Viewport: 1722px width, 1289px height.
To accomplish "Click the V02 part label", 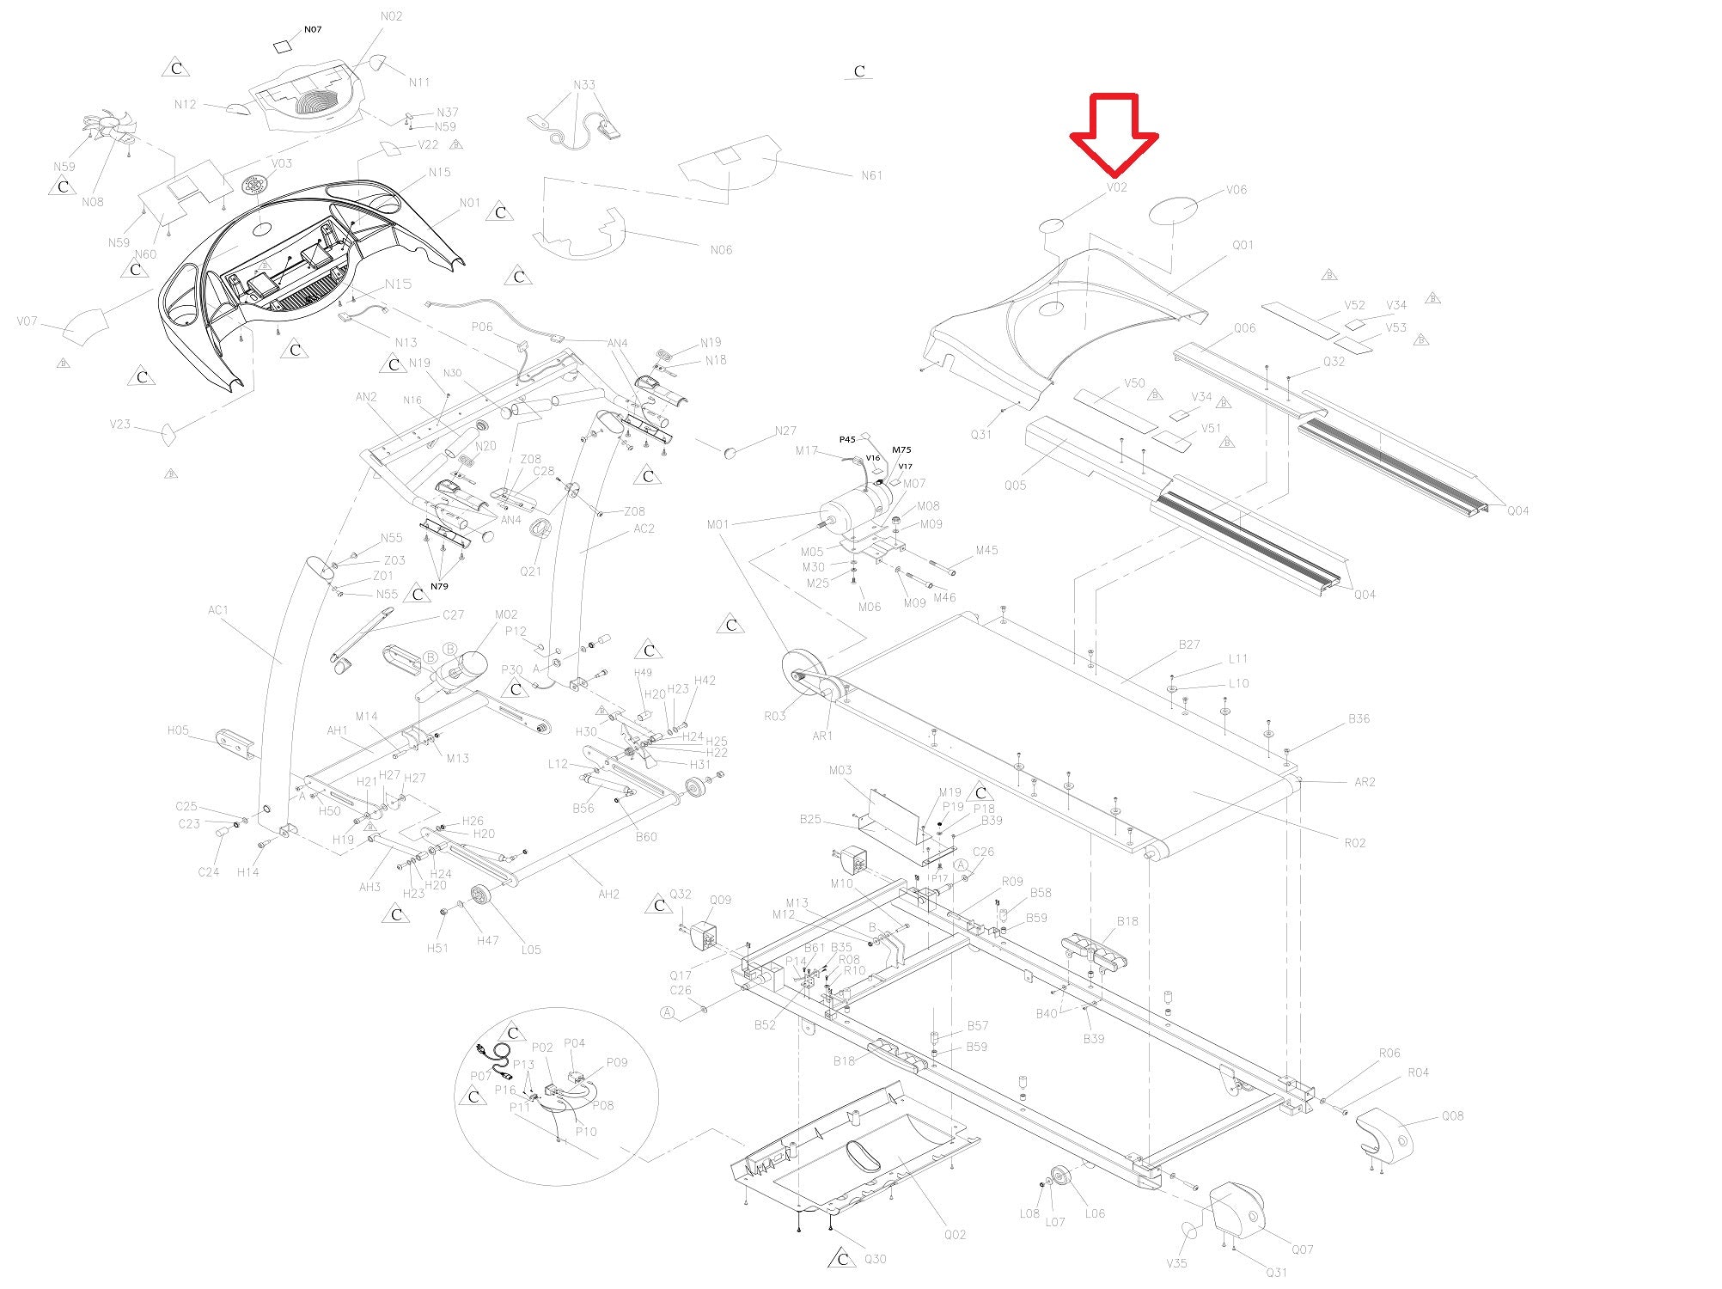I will (1116, 187).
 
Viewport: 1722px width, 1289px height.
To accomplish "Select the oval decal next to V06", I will (1175, 209).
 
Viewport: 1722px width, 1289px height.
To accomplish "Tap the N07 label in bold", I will (312, 29).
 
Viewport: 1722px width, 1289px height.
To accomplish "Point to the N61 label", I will (871, 175).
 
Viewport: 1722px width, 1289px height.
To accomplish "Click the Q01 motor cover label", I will (1243, 245).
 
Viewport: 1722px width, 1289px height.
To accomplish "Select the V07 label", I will (27, 322).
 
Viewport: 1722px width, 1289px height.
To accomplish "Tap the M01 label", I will (717, 524).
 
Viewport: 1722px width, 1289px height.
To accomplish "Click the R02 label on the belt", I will (1354, 842).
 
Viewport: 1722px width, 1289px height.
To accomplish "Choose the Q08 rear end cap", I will (1383, 1134).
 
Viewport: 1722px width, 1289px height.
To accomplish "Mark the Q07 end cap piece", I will (1237, 1212).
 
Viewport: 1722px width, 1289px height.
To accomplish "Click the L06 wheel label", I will (1095, 1213).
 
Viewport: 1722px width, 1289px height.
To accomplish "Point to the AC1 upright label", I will (218, 610).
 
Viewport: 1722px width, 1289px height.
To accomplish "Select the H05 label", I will (178, 730).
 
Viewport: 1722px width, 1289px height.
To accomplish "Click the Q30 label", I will (875, 1259).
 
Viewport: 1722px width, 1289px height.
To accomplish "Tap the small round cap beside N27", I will (730, 450).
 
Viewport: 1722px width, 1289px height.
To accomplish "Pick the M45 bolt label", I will (986, 550).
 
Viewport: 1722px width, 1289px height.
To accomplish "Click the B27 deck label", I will (1189, 644).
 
